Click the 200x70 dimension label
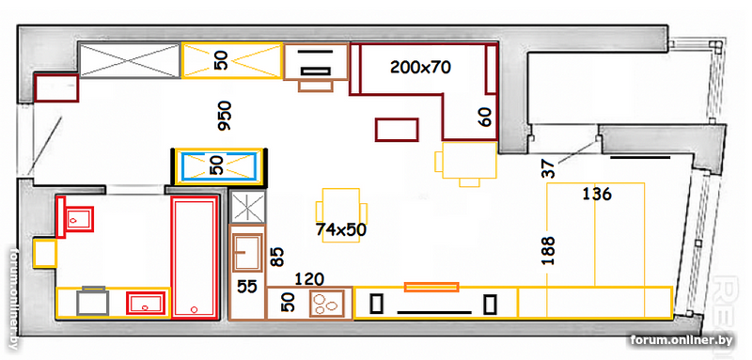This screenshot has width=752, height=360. [x=420, y=68]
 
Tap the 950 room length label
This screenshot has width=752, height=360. [x=225, y=116]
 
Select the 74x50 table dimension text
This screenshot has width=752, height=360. [x=341, y=229]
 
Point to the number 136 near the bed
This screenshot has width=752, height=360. [x=597, y=195]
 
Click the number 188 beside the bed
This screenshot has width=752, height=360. [x=549, y=250]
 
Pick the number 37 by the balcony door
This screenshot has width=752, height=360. [x=549, y=169]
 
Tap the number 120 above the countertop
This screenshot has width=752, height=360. [x=309, y=278]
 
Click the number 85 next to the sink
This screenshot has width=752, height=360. [x=277, y=257]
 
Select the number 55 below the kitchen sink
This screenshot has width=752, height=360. [x=247, y=287]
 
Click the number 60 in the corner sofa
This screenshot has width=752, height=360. [x=485, y=117]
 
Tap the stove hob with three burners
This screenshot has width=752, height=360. [x=326, y=303]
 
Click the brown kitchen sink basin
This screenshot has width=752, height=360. [x=247, y=252]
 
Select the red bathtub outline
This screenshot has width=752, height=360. [x=194, y=257]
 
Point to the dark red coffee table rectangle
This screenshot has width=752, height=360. [x=397, y=130]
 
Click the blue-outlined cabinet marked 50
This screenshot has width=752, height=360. [x=220, y=166]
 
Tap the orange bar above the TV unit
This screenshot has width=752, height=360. [x=431, y=287]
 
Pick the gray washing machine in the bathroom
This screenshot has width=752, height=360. [x=92, y=301]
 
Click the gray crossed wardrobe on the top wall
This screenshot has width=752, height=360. [x=130, y=60]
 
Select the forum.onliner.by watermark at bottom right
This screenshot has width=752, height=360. [x=681, y=340]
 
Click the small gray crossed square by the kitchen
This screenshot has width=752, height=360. [x=247, y=207]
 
